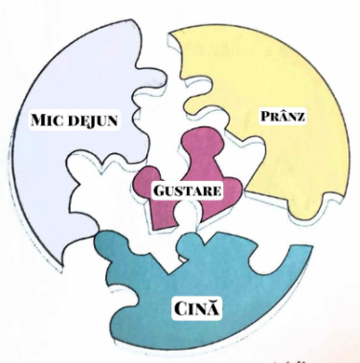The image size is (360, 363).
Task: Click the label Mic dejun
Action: pyautogui.click(x=75, y=121)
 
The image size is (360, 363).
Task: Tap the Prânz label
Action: pyautogui.click(x=282, y=116)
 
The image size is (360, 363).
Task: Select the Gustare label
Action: pyautogui.click(x=187, y=191)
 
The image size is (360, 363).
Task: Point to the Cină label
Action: pyautogui.click(x=197, y=308)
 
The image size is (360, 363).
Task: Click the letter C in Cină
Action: pyautogui.click(x=182, y=309)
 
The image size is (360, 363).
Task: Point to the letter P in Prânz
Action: pyautogui.click(x=266, y=116)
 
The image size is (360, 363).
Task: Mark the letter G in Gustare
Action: pyautogui.click(x=159, y=191)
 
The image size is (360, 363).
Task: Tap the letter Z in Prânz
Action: pyautogui.click(x=300, y=117)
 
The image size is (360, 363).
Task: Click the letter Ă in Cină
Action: pyautogui.click(x=214, y=309)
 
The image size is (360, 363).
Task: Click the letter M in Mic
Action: pyautogui.click(x=40, y=120)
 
